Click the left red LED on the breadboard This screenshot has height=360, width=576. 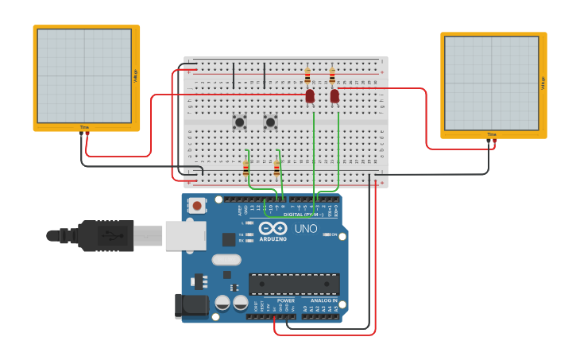coord(310,96)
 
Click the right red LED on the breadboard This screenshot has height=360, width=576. coord(334,96)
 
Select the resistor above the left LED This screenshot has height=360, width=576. coord(307,76)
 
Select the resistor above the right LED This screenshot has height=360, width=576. coord(332,76)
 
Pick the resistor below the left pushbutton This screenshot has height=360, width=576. coord(245,168)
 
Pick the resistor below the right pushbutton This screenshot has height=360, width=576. coord(276,168)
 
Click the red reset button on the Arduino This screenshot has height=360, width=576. coord(196,205)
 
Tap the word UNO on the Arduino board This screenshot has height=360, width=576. coord(306,229)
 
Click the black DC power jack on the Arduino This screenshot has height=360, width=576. coord(190,306)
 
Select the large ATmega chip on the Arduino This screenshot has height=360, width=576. coord(294,284)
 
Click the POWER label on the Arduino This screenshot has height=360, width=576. coord(286,300)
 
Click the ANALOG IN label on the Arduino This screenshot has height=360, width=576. coord(323,300)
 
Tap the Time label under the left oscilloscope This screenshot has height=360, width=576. coord(84,127)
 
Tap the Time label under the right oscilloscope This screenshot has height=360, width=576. coord(492,134)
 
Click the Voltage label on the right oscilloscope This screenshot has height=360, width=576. coord(543,82)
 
